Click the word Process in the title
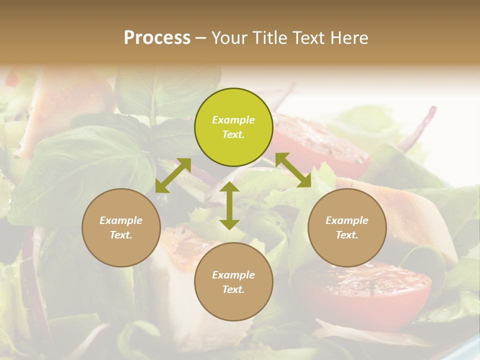pyautogui.click(x=157, y=38)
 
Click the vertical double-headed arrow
pyautogui.click(x=229, y=205)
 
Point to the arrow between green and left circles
pyautogui.click(x=173, y=175)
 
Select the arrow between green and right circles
pyautogui.click(x=293, y=170)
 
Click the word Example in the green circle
pyautogui.click(x=233, y=120)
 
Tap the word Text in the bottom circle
pyautogui.click(x=233, y=289)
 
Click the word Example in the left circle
pyautogui.click(x=121, y=220)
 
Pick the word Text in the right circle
pyautogui.click(x=347, y=235)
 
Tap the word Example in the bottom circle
pyautogui.click(x=233, y=275)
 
